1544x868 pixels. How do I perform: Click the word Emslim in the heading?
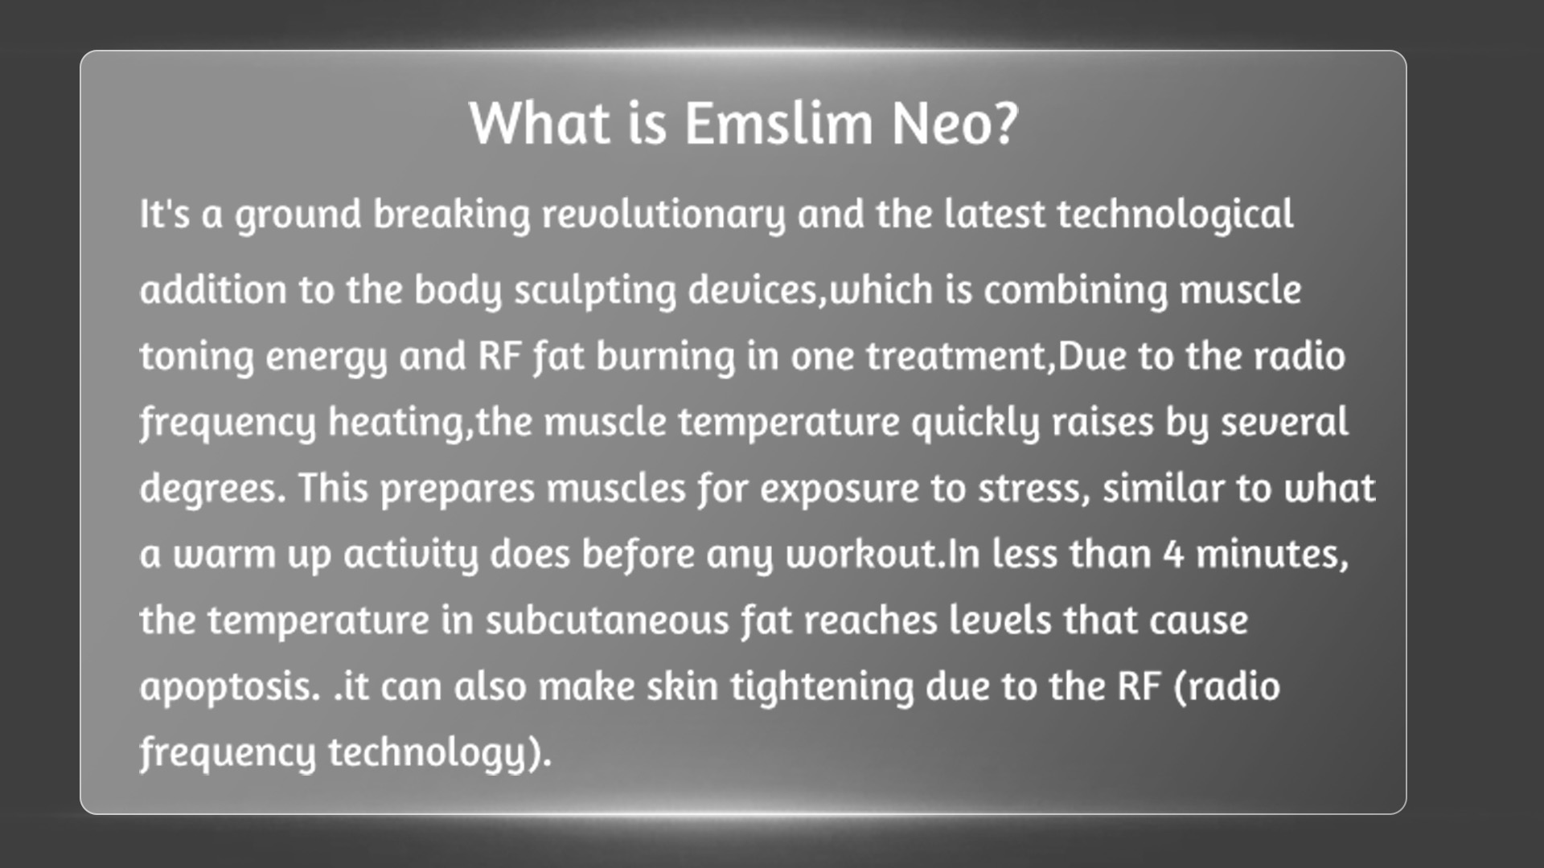pyautogui.click(x=778, y=124)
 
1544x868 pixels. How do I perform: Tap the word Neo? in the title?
pyautogui.click(x=955, y=124)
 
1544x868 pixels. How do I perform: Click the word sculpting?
pyautogui.click(x=595, y=291)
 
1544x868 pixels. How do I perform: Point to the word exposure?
pyautogui.click(x=840, y=489)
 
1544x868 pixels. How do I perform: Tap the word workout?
pyautogui.click(x=861, y=555)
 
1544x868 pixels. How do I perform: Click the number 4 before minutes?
pyautogui.click(x=1174, y=555)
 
